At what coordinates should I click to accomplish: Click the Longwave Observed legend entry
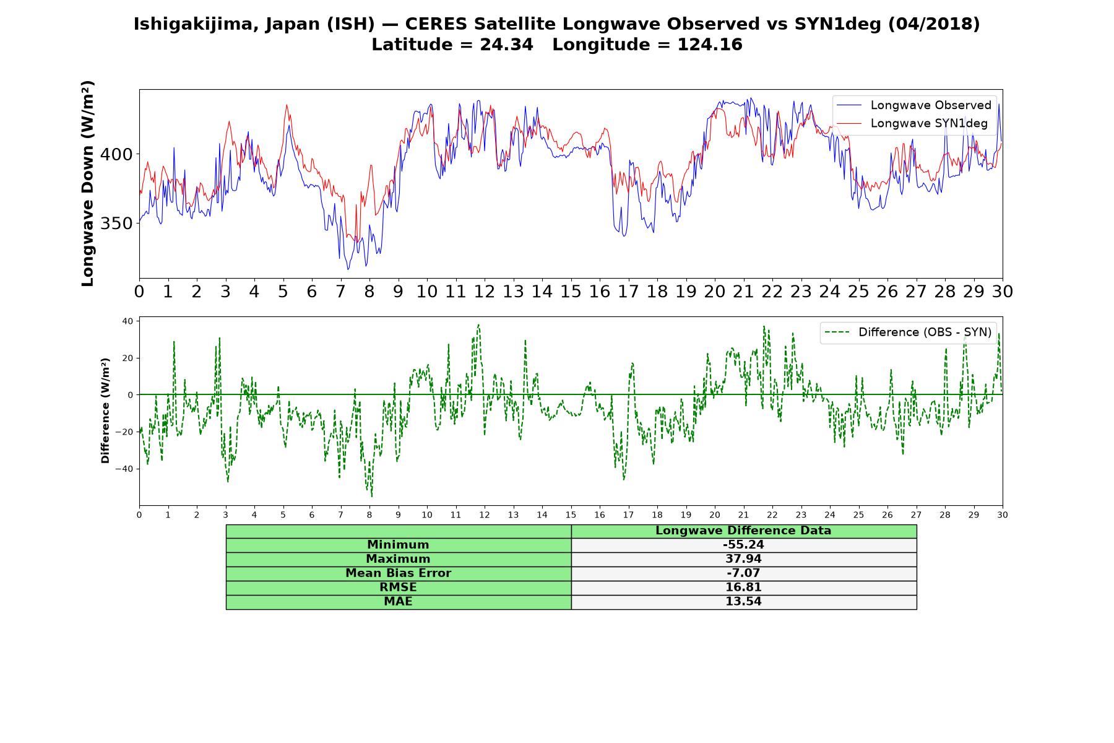tap(914, 105)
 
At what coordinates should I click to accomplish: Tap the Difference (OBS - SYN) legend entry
tap(909, 332)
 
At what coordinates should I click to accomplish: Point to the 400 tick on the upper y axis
tap(116, 154)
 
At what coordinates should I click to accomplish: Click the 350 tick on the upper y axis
tap(116, 224)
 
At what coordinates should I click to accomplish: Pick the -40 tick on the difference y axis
tap(124, 469)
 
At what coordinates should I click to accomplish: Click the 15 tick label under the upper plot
tap(571, 292)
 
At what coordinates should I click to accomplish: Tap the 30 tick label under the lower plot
tap(1003, 515)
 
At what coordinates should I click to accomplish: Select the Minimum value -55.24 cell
tap(743, 545)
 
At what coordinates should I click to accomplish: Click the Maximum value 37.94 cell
tap(743, 559)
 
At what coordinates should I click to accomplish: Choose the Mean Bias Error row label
tap(398, 573)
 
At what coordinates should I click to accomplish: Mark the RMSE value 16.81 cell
tap(743, 588)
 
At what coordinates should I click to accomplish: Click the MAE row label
tap(398, 602)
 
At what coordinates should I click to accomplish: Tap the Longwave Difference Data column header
tap(743, 531)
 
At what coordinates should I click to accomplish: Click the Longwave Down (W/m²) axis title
tap(88, 183)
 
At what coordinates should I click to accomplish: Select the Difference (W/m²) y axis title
tap(105, 411)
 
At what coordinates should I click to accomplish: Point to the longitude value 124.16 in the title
tap(710, 45)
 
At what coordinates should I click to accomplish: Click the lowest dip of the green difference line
tap(372, 496)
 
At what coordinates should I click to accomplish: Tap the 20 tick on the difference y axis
tap(127, 358)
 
